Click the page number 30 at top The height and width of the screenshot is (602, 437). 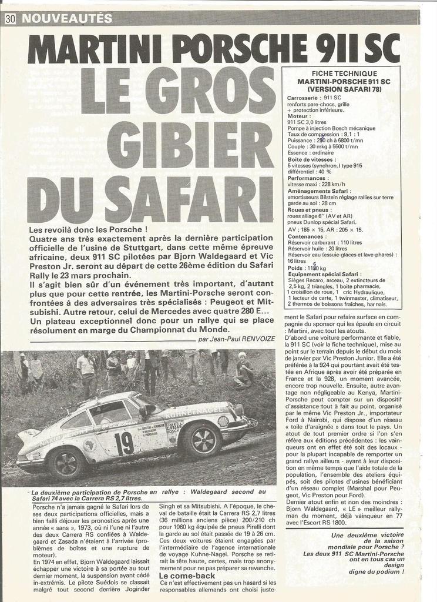click(x=10, y=18)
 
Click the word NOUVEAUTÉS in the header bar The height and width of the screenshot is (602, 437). click(x=66, y=18)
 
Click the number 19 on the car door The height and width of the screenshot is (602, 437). click(x=123, y=443)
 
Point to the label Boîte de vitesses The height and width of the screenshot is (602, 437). click(x=311, y=159)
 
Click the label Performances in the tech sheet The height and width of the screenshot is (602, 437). click(x=307, y=178)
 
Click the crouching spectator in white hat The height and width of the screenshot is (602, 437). click(x=243, y=370)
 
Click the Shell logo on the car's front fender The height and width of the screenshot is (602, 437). click(x=224, y=421)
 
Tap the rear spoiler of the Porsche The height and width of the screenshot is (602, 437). click(x=28, y=436)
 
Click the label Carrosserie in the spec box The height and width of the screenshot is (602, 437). click(x=304, y=98)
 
